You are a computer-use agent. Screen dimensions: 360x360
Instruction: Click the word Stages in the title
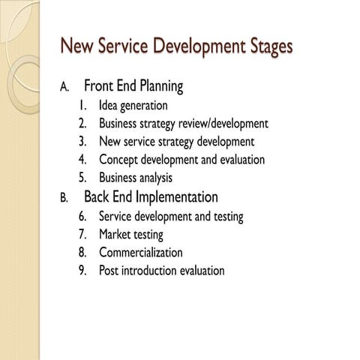tap(261, 46)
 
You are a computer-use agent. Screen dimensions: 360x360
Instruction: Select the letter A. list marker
tap(64, 87)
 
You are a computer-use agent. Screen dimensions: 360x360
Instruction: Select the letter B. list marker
tap(64, 198)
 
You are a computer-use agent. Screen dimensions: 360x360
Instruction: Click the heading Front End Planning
tap(133, 86)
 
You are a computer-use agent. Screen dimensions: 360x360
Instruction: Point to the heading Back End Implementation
tap(151, 197)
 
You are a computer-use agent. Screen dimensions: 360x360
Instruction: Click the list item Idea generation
tap(133, 106)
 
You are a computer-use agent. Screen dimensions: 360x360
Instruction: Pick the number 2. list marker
tap(82, 124)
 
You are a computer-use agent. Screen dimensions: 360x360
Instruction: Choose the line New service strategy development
tap(176, 142)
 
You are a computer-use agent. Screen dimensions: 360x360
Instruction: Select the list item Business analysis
tap(136, 178)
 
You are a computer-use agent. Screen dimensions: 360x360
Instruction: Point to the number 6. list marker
tap(82, 217)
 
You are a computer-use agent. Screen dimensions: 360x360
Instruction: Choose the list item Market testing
tap(131, 235)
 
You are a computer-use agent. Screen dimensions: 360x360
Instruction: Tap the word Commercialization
tap(141, 253)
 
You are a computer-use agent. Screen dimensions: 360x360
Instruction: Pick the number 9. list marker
tap(82, 271)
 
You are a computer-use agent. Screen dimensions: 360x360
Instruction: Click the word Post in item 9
tap(109, 271)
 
